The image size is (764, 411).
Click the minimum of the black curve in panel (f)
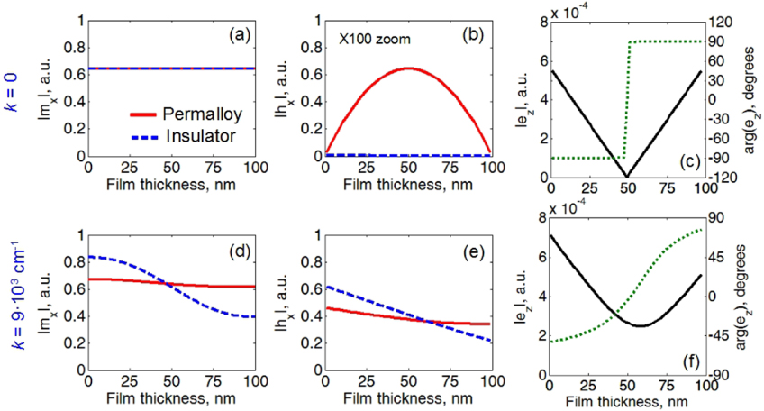point(637,325)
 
